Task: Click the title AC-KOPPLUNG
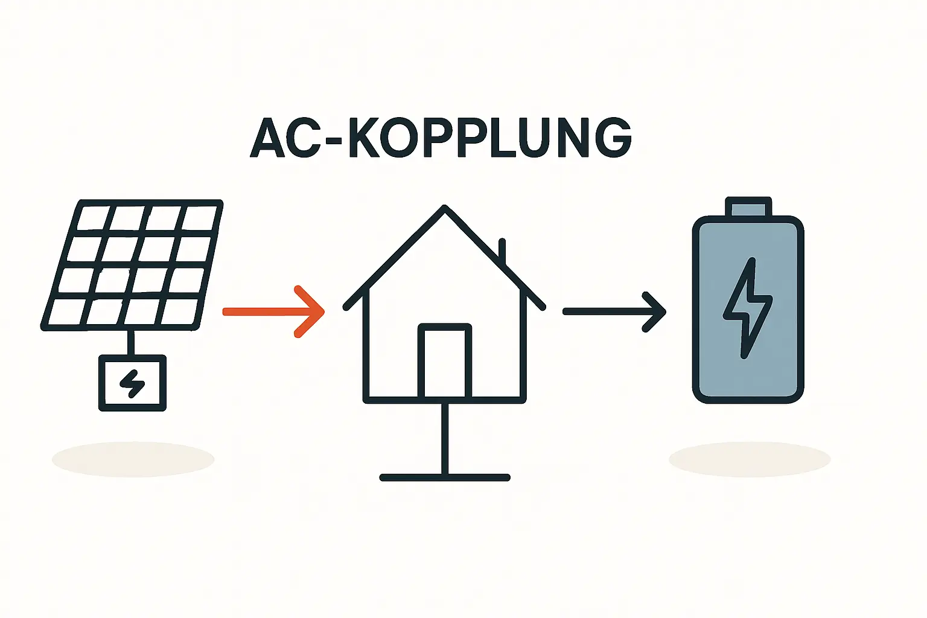pyautogui.click(x=441, y=138)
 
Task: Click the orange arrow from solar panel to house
pyautogui.click(x=272, y=311)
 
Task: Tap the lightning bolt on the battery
pyautogui.click(x=748, y=308)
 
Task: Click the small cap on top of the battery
pyautogui.click(x=748, y=207)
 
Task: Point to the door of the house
pyautogui.click(x=445, y=362)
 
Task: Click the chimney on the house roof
pyautogui.click(x=502, y=250)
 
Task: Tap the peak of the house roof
pyautogui.click(x=445, y=209)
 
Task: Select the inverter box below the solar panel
pyautogui.click(x=132, y=383)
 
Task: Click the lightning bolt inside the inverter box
pyautogui.click(x=132, y=383)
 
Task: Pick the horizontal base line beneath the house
pyautogui.click(x=445, y=477)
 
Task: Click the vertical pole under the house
pyautogui.click(x=445, y=438)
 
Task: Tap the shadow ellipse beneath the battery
pyautogui.click(x=750, y=459)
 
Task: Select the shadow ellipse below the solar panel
pyautogui.click(x=133, y=459)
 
